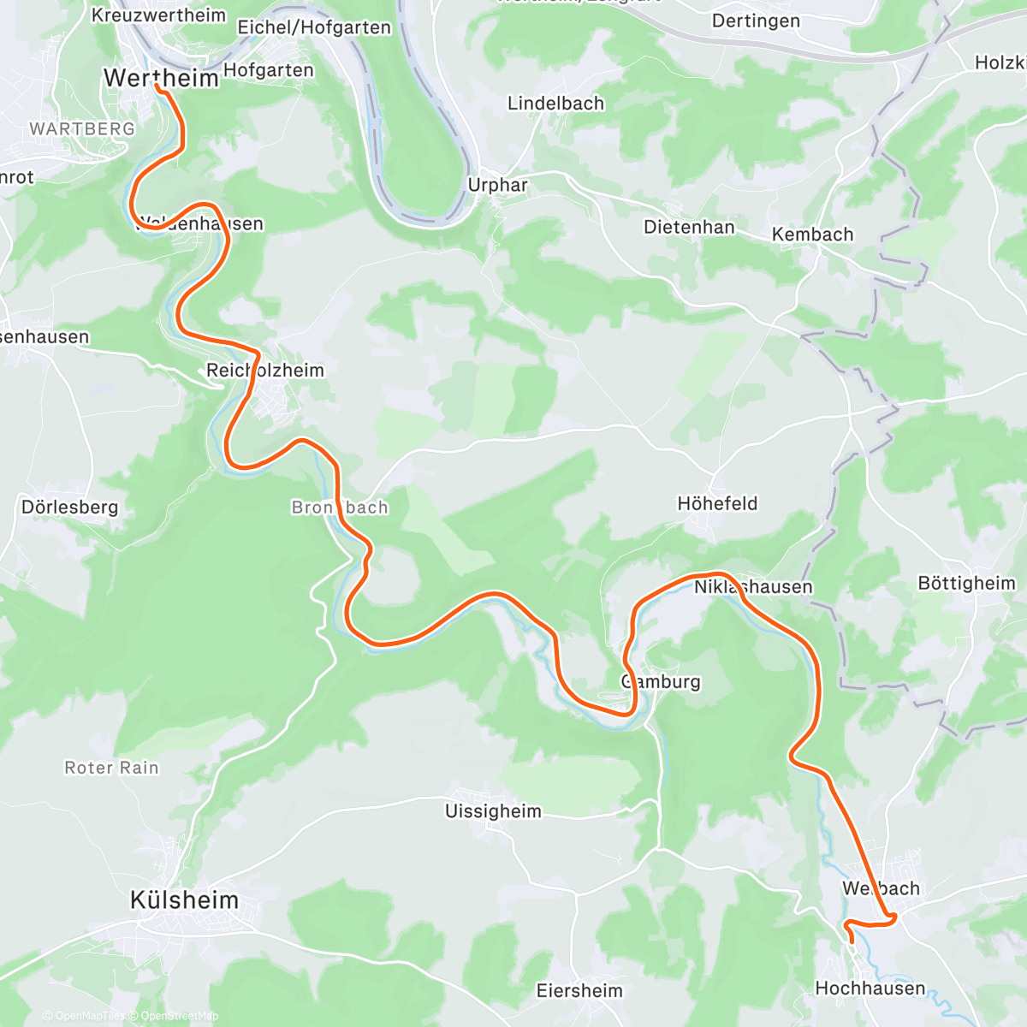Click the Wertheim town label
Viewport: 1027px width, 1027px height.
coord(161,78)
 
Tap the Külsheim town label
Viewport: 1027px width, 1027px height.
coord(184,900)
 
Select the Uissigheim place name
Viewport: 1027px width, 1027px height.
coord(493,811)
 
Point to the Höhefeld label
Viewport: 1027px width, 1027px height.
coord(717,504)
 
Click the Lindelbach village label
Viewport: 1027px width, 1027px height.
coord(555,104)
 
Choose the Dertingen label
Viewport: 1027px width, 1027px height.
coord(756,21)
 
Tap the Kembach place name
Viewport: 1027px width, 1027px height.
coord(812,234)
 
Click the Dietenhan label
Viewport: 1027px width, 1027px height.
coord(689,228)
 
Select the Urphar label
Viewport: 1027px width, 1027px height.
coord(497,185)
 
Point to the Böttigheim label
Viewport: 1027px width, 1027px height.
coord(966,584)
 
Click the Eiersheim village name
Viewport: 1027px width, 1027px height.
coord(579,991)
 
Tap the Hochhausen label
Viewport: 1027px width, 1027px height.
coord(870,988)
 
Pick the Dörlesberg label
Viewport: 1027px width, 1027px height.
coord(69,508)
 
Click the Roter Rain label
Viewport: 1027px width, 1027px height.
coord(112,769)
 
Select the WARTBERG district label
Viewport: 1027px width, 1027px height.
coord(82,129)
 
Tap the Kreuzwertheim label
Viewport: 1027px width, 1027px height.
coord(158,15)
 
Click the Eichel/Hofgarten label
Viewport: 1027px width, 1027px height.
coord(314,27)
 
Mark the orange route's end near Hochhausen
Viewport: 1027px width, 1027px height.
coord(852,941)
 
